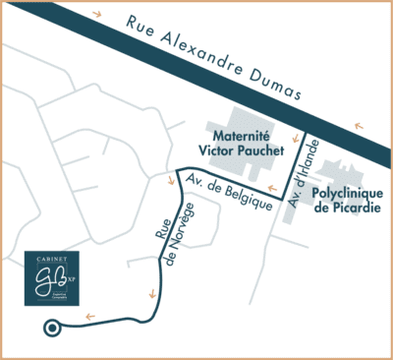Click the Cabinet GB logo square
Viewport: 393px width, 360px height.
51,277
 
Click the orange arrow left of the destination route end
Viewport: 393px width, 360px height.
89,317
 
